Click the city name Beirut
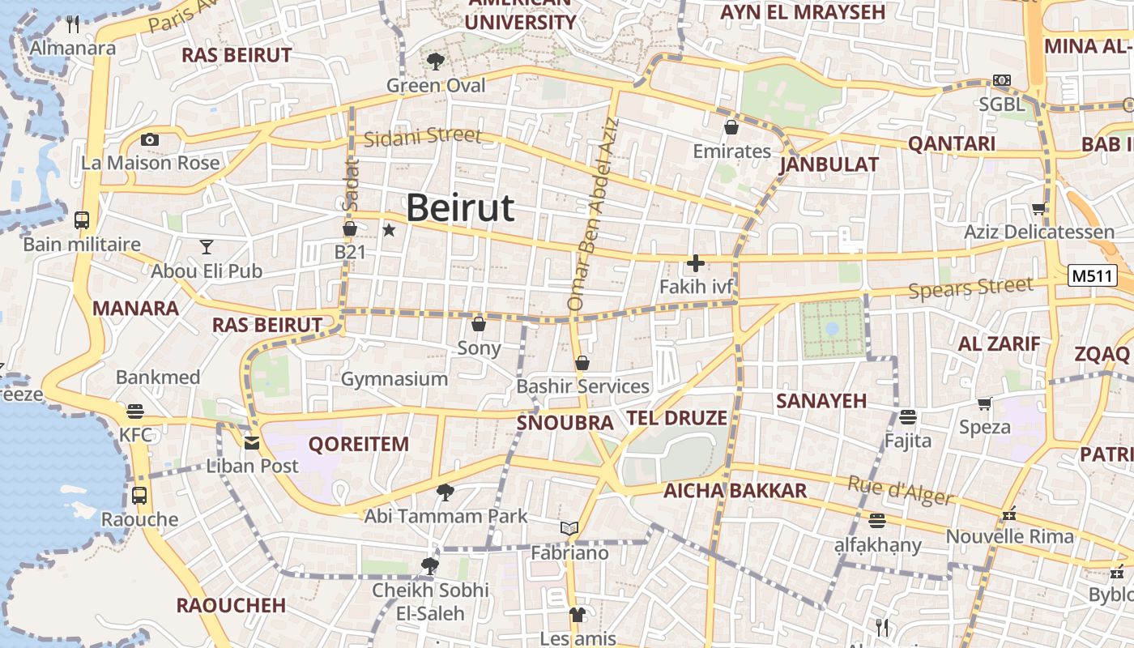[459, 208]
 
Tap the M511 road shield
[1092, 276]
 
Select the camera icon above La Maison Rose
[150, 140]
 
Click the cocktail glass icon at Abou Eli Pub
[207, 247]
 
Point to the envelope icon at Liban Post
[252, 442]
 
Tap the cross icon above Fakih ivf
[695, 263]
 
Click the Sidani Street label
[422, 137]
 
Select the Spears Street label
[970, 288]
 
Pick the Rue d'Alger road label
[899, 489]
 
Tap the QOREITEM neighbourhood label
[359, 445]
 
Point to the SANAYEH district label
[821, 401]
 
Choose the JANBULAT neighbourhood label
[829, 165]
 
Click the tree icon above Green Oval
[436, 61]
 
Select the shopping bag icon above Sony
[479, 324]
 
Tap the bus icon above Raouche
[139, 495]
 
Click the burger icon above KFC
[135, 411]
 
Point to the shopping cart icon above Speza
[985, 403]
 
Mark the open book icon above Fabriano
[569, 529]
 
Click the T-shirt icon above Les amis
[577, 615]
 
